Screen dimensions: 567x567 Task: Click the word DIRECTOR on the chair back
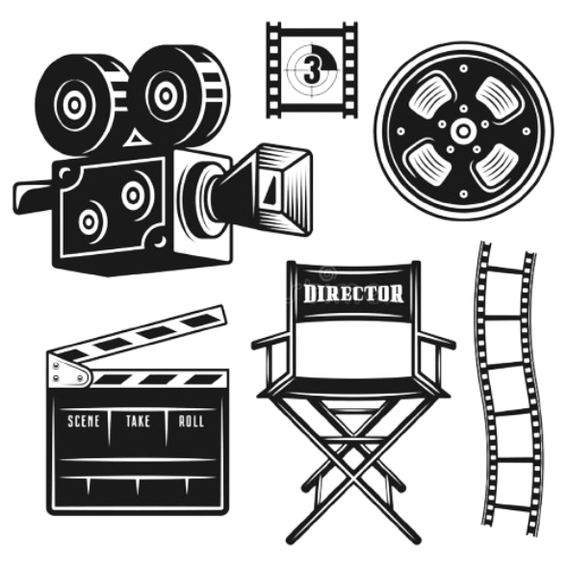point(353,294)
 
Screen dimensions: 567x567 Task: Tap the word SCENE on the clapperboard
point(84,422)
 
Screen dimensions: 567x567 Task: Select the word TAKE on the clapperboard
point(138,422)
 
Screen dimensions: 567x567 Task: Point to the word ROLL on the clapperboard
point(192,422)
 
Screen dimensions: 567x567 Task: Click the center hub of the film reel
point(463,131)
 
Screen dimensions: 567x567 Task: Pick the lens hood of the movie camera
point(278,189)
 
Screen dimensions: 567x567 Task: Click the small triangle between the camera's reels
point(136,139)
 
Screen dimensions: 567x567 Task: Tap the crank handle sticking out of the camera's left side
point(34,195)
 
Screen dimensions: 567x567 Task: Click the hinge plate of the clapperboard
point(69,370)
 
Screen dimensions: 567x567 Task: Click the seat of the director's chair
point(352,386)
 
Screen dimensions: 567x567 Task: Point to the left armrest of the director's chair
point(271,341)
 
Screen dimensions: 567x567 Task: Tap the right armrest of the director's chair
point(436,340)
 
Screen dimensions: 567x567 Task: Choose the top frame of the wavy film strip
point(505,294)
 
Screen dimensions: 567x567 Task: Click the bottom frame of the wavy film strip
point(511,485)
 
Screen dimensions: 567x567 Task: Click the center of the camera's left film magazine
point(74,105)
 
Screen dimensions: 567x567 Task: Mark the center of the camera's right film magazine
point(166,96)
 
